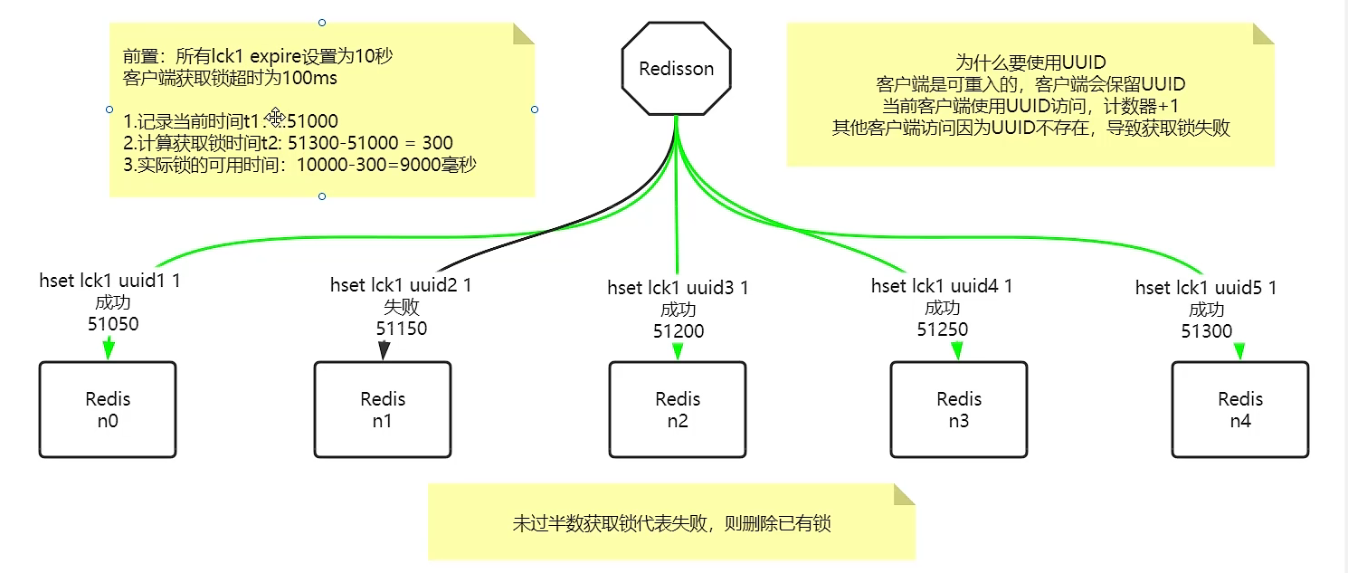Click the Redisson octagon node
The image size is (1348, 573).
point(676,69)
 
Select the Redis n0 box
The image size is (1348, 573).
point(108,409)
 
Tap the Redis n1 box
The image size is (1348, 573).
point(382,409)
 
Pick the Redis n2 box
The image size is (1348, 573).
point(677,409)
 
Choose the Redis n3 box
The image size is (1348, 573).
point(958,409)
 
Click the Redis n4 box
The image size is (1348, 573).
point(1239,409)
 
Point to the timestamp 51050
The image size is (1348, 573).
point(113,323)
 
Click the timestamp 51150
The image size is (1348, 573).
point(402,328)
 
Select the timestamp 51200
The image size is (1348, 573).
point(679,331)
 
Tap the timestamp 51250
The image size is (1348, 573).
point(942,329)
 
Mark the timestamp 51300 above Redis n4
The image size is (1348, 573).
point(1206,331)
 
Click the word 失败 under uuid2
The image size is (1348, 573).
point(402,307)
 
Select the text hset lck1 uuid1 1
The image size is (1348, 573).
point(109,281)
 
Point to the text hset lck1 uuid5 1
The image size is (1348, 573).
point(1206,288)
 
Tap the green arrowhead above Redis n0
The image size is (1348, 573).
point(109,347)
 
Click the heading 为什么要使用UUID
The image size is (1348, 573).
point(1030,62)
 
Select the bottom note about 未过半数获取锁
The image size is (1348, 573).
point(671,523)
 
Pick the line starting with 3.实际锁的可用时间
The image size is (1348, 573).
point(299,165)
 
